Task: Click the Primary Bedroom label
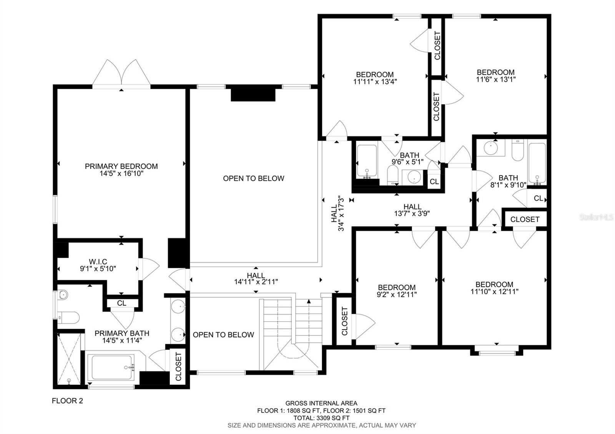[x=121, y=166]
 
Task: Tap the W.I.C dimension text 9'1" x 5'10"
[x=98, y=269]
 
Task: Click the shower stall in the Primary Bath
[x=69, y=358]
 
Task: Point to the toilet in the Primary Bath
[x=70, y=318]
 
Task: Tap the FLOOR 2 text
[x=67, y=401]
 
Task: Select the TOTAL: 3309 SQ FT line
[x=321, y=418]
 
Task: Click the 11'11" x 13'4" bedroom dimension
[x=374, y=81]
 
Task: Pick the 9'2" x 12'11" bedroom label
[x=396, y=287]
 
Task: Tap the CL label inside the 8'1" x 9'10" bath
[x=538, y=199]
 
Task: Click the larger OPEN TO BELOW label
[x=253, y=178]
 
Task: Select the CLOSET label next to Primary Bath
[x=178, y=366]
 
